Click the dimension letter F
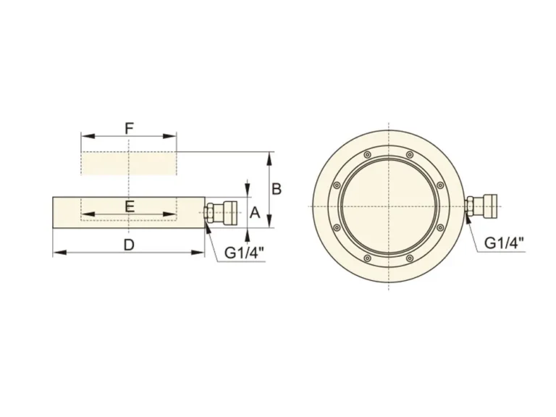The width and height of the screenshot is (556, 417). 129,128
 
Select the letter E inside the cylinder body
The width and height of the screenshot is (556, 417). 129,206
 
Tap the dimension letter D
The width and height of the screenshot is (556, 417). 129,245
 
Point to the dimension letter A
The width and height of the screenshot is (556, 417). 254,212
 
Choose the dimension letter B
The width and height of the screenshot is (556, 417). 276,189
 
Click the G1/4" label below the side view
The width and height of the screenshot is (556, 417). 244,253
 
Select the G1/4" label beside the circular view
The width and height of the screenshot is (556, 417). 503,243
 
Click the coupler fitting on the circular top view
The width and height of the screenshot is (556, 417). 481,206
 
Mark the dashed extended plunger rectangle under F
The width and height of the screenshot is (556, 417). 129,163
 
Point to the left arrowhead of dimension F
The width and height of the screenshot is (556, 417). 85,135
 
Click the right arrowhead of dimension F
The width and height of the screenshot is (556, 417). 173,135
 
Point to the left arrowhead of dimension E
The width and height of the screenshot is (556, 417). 85,214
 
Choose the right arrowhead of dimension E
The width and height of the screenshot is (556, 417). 173,214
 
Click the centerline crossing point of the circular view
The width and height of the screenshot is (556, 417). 389,206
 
